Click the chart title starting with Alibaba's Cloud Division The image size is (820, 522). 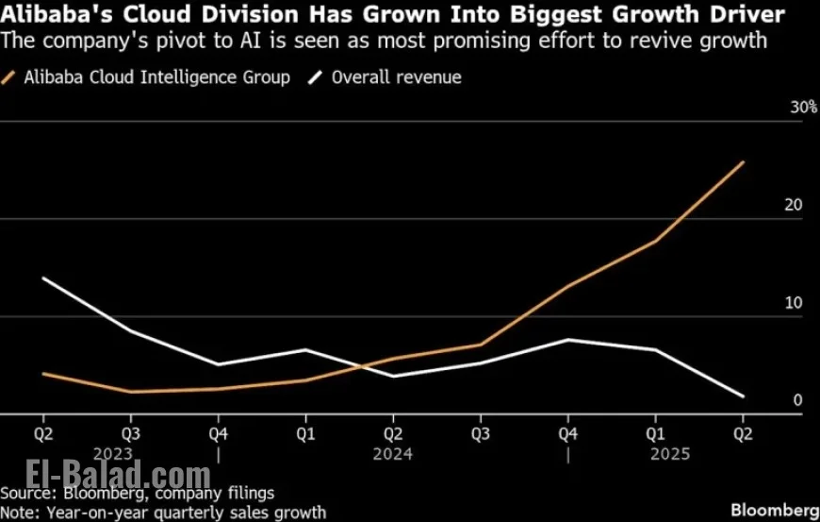[x=395, y=14]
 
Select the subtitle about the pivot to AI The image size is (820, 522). [x=384, y=42]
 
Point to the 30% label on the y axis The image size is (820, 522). [x=803, y=109]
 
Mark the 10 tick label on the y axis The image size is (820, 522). [x=795, y=303]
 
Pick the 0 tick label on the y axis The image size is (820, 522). [x=797, y=400]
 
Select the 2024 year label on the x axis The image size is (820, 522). [x=393, y=454]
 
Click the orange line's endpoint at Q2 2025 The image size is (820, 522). [x=744, y=162]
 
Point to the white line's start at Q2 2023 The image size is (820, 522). [x=43, y=278]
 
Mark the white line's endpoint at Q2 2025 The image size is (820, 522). [x=744, y=396]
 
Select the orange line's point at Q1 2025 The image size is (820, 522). [x=656, y=241]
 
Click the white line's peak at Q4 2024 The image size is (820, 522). [x=568, y=339]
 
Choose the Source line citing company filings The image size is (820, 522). [x=138, y=494]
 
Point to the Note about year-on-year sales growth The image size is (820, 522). [x=163, y=513]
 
